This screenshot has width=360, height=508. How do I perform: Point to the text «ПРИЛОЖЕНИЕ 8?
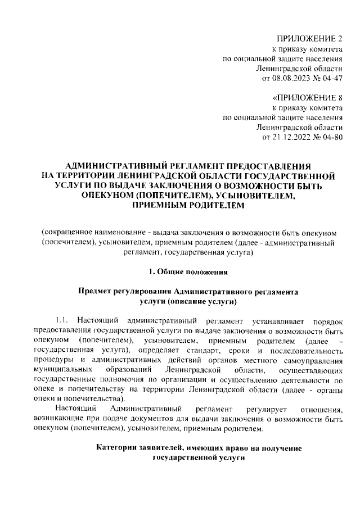pyautogui.click(x=307, y=97)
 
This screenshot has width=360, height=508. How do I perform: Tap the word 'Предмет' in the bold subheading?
pyautogui.click(x=96, y=293)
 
